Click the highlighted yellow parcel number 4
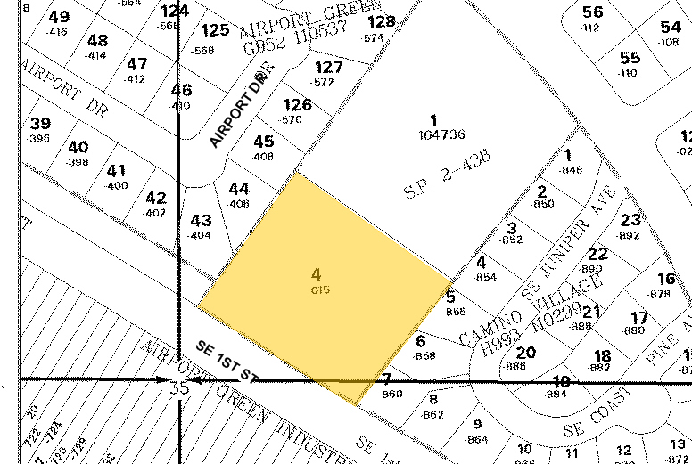tap(316, 274)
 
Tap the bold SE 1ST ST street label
tap(227, 358)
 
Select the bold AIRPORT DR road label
tap(238, 109)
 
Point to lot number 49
tap(60, 17)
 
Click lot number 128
tap(381, 21)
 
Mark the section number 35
tap(179, 388)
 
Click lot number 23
tap(630, 220)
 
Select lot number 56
tap(593, 12)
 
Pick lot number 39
tap(40, 124)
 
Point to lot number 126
tap(297, 104)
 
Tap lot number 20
tap(526, 353)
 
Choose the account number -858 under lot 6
tap(425, 355)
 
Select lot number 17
tap(638, 318)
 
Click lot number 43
tap(201, 220)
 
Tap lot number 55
tap(630, 58)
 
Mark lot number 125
tap(215, 31)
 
